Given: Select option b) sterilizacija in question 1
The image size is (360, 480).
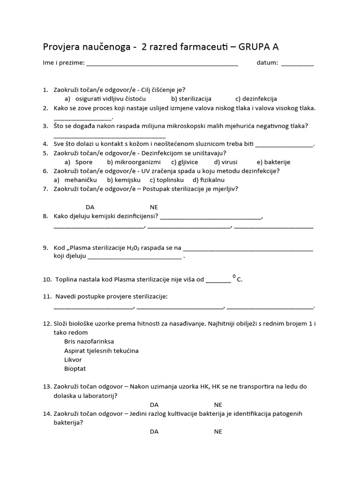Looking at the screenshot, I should pos(191,99).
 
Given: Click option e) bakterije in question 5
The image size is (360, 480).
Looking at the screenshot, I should pos(274,162).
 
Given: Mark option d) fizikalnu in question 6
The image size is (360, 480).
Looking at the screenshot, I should pos(209,180).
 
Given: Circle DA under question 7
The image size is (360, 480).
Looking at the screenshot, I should pos(90,207).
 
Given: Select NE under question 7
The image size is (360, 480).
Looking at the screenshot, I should pos(154,207).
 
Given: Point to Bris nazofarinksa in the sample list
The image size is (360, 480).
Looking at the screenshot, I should pos(89,342).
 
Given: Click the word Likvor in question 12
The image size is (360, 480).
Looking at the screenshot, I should pos(73,360).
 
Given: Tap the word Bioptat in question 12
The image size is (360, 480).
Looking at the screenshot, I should pos(75,368).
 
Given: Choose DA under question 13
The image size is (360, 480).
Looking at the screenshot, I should pos(154,405).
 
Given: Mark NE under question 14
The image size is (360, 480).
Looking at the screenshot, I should pos(218,431).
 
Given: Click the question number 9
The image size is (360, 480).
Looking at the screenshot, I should pos(45,247).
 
